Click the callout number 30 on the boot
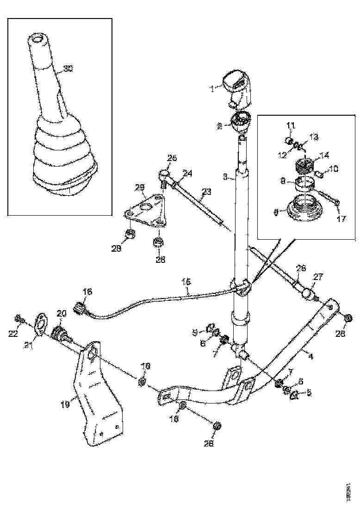point(68,69)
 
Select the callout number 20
point(61,313)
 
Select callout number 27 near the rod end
point(318,277)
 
